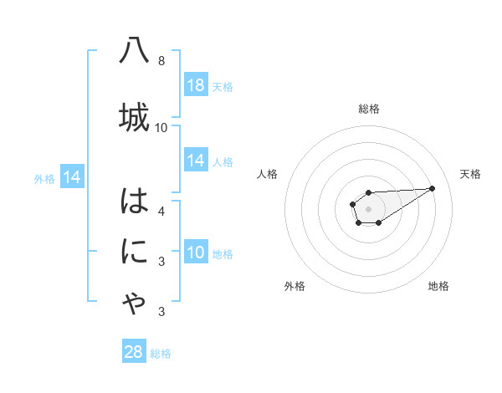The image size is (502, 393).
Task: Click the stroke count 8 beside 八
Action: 161,61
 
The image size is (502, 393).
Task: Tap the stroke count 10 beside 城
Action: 161,127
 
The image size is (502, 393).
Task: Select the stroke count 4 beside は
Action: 161,211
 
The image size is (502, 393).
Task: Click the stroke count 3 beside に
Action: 161,262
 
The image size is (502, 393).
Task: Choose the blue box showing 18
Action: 196,85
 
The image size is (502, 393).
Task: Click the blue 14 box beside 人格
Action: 196,161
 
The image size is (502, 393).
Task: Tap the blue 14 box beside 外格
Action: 72,177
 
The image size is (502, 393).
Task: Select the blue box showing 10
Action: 196,253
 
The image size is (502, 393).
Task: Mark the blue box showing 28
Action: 134,352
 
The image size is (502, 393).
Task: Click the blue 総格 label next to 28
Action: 161,354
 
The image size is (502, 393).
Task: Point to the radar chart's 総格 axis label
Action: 368,109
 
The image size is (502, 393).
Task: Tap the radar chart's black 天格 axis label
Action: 470,174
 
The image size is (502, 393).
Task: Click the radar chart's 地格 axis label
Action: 438,286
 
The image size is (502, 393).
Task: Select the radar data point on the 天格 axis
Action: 433,187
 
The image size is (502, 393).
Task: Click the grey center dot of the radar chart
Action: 368,208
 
